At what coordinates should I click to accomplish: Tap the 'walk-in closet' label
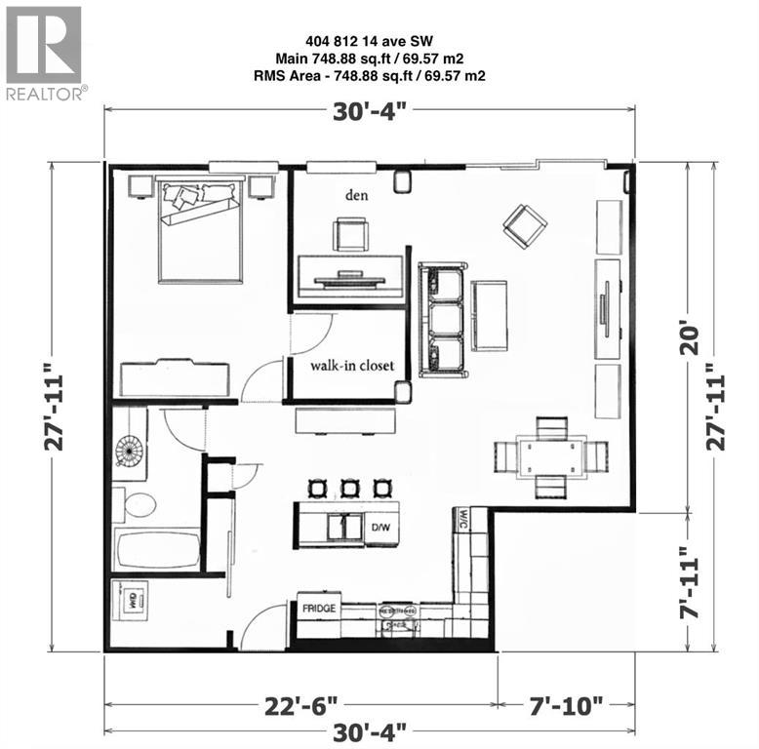352,366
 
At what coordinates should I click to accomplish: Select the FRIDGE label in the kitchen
319,608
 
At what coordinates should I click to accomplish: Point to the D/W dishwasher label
381,528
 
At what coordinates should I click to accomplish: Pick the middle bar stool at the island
348,487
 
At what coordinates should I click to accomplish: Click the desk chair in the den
350,235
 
